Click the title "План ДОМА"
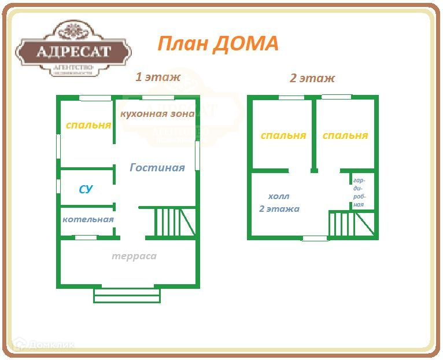point(218,43)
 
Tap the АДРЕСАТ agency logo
point(73,52)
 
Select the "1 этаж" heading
point(158,77)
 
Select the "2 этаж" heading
point(312,78)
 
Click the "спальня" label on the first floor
point(88,125)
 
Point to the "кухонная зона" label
point(157,114)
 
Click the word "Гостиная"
point(157,168)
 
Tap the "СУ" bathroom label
point(86,189)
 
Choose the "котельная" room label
point(88,220)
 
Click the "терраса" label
point(134,256)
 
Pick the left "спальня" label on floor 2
point(283,135)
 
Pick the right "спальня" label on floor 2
point(345,135)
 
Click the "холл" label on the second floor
point(279,197)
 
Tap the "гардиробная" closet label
point(359,192)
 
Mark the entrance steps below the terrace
point(127,295)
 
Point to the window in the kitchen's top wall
point(158,98)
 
